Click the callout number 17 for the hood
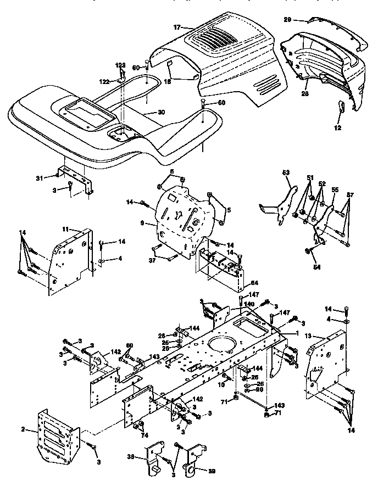pyautogui.click(x=176, y=27)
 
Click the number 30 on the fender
pyautogui.click(x=160, y=112)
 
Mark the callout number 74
pyautogui.click(x=144, y=435)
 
